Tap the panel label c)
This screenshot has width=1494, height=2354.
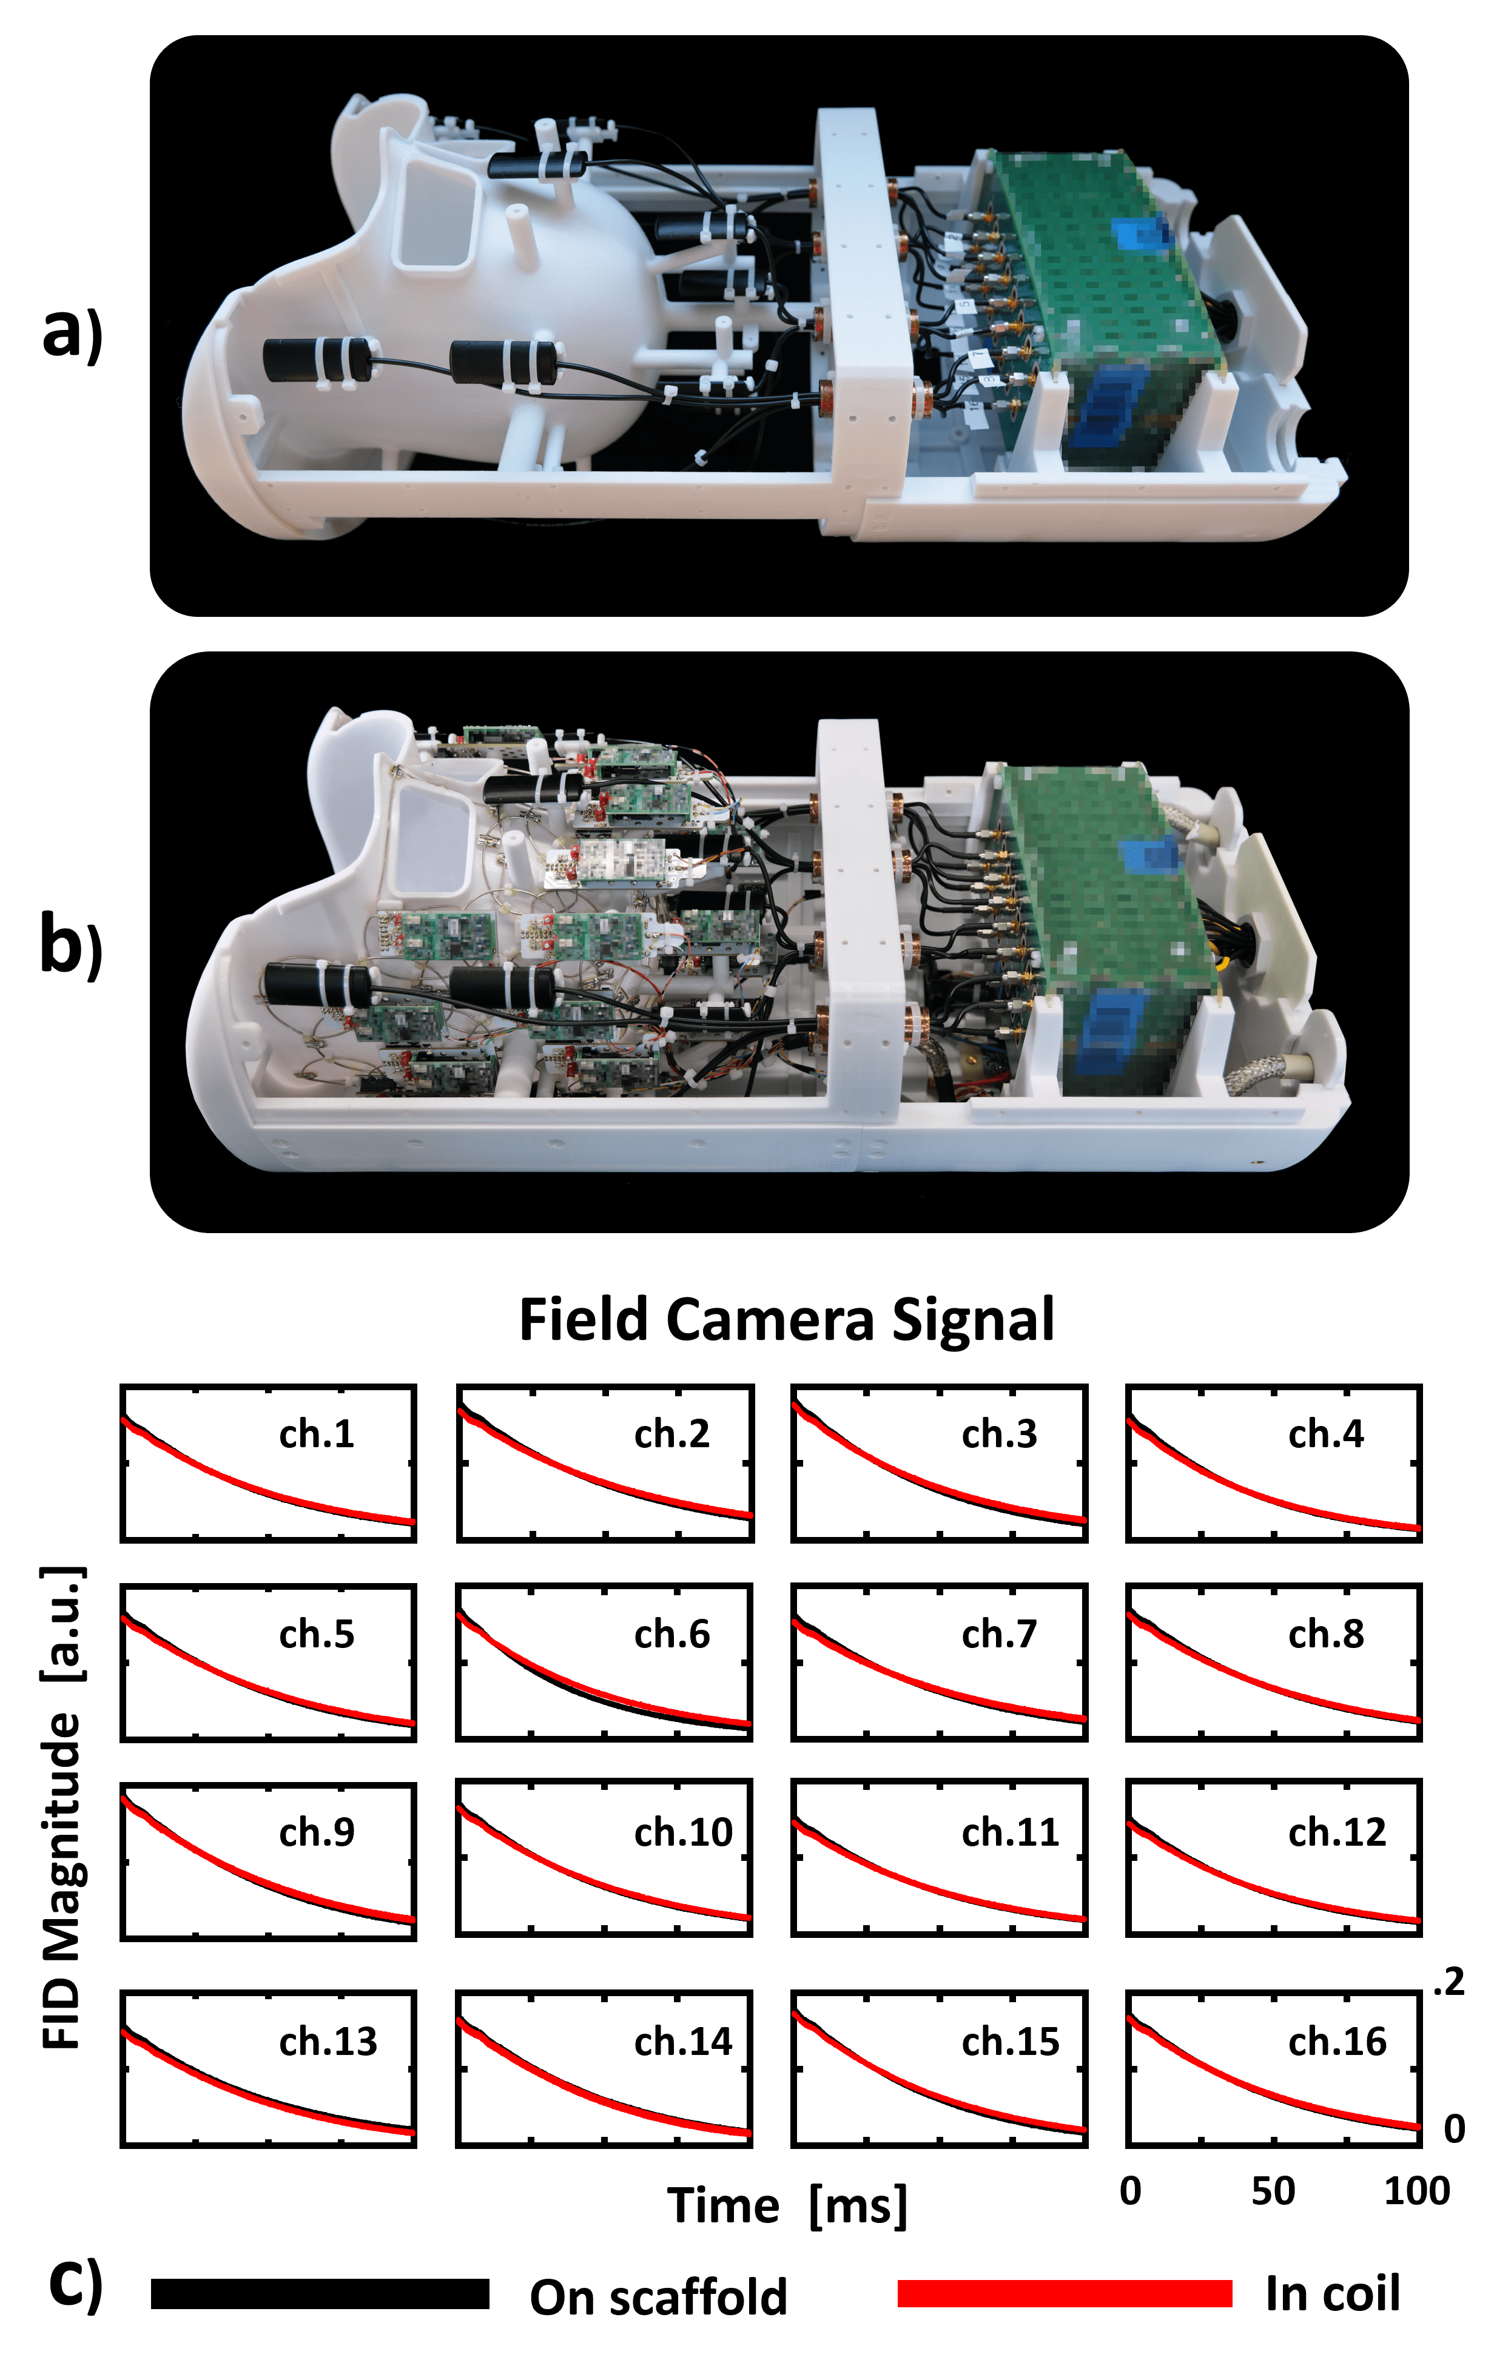coord(75,2285)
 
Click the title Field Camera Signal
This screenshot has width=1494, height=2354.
coord(786,1320)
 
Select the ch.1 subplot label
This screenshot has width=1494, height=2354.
coord(316,1434)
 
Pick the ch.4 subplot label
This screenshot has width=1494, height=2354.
coord(1325,1434)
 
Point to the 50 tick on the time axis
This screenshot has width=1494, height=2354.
coord(1273,2191)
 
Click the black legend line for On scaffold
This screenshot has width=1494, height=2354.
coord(320,2293)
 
